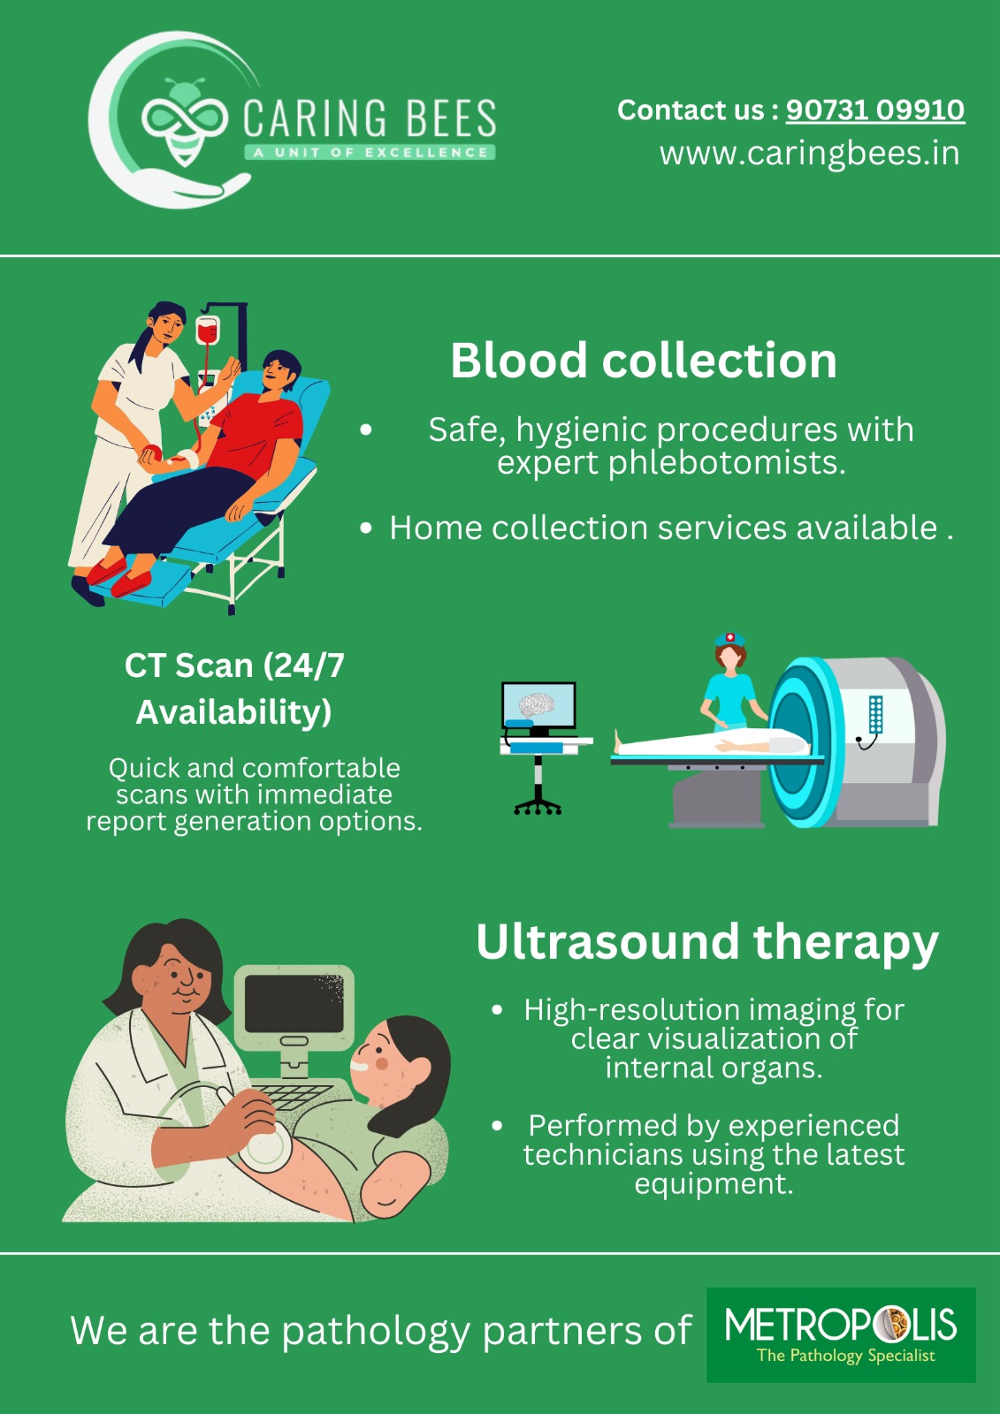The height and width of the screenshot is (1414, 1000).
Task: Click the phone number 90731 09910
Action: [875, 110]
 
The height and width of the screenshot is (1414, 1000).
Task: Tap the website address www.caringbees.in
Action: [809, 154]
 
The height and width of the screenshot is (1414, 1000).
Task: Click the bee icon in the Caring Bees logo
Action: [185, 121]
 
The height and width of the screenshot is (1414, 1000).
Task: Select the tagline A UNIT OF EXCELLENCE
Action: [370, 152]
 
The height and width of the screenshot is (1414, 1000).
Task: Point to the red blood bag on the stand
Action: [207, 331]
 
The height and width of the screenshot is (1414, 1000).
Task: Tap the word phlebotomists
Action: [727, 464]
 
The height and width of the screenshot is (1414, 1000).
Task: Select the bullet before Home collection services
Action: [366, 528]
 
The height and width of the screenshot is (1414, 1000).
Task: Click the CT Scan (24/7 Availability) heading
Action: [234, 688]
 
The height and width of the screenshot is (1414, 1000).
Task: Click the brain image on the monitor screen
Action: [537, 704]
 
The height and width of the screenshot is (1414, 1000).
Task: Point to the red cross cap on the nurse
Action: [729, 638]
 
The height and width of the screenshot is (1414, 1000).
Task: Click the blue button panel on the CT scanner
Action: [875, 714]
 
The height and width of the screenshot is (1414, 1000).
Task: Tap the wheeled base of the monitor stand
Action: [538, 806]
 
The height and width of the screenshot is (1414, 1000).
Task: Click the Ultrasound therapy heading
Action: [706, 942]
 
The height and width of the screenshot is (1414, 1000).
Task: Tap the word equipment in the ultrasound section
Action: [714, 1183]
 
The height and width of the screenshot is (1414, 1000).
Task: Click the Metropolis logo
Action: [841, 1335]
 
